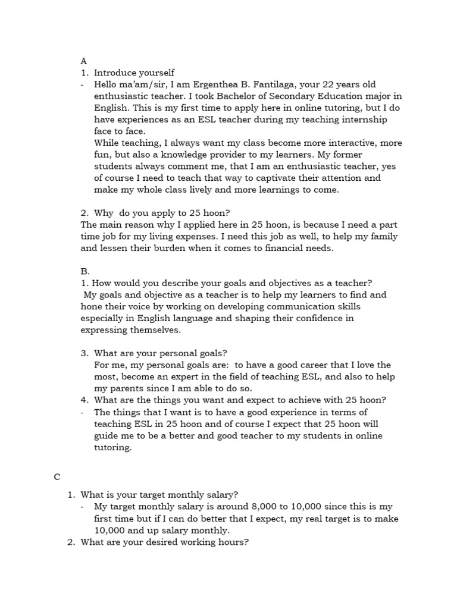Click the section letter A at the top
click(84, 61)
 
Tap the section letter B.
click(85, 271)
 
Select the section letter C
click(57, 477)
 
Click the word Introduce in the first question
click(115, 73)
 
